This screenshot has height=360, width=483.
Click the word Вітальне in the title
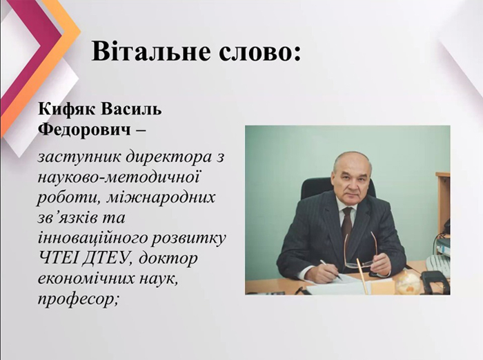click(x=151, y=51)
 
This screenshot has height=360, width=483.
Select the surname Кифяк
click(x=66, y=110)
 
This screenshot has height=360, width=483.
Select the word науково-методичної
click(x=119, y=179)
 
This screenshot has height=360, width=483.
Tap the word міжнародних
click(x=160, y=197)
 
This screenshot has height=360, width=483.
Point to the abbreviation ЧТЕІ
click(x=58, y=258)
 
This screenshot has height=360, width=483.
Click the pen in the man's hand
click(x=331, y=270)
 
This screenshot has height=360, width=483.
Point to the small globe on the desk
click(x=408, y=283)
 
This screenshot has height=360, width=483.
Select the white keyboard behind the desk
click(x=437, y=266)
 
